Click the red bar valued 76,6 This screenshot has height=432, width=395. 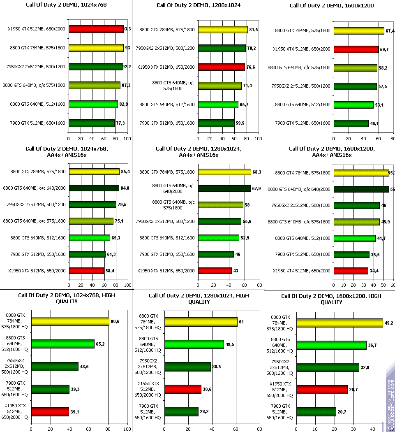coord(222,67)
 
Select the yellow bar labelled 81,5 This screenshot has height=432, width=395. coord(223,30)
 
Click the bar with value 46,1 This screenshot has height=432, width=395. coord(351,123)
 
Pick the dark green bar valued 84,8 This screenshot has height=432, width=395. coord(94,188)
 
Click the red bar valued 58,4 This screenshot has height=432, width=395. coord(86,271)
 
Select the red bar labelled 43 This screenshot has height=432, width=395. coord(215,271)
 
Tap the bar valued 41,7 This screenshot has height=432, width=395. coord(355,238)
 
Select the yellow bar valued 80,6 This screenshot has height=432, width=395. coord(70,321)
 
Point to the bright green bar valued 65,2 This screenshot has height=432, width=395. coord(63,344)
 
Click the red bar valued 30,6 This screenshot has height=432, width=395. coord(183,389)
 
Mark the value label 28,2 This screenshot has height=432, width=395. coord(204,411)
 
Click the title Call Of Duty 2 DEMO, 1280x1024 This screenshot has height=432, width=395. coord(198,5)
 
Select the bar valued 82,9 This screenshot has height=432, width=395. coord(93,104)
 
